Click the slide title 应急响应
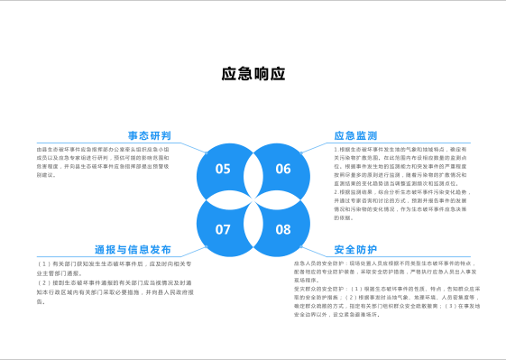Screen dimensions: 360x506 pos(253,74)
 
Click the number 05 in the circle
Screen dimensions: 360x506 pos(223,169)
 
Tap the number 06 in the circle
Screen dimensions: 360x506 pos(283,169)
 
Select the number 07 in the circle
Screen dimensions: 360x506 pos(223,229)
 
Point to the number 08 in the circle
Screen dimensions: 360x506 pos(283,229)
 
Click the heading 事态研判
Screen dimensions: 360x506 pos(150,135)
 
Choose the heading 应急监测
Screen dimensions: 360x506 pos(355,135)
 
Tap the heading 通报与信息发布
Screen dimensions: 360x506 pos(133,249)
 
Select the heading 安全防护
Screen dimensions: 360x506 pos(355,249)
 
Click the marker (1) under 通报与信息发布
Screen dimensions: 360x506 pos(44,263)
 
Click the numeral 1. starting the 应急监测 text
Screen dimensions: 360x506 pos(336,149)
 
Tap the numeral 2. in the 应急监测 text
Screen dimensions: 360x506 pos(336,192)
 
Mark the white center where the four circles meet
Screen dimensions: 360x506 pos(253,198)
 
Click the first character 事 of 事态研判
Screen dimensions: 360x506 pos(133,135)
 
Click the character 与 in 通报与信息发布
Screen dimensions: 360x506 pos(121,249)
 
